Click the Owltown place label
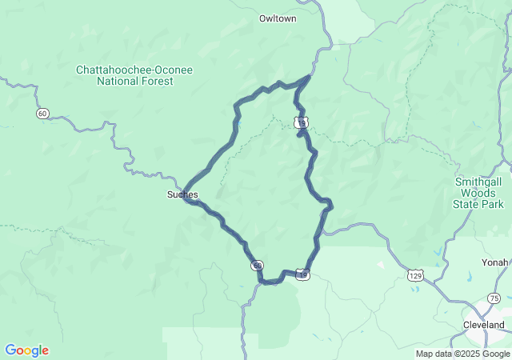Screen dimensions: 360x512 click(278, 18)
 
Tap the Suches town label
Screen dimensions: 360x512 click(182, 194)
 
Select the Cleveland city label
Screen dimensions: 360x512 click(484, 325)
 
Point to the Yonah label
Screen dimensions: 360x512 click(494, 262)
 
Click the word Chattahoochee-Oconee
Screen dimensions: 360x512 click(134, 70)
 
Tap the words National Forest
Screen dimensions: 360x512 click(134, 81)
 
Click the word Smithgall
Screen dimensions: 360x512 click(479, 182)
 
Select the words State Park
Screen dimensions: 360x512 click(479, 204)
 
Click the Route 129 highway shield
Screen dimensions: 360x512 click(414, 274)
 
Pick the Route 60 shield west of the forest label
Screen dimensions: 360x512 click(42, 114)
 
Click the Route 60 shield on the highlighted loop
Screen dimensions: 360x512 click(256, 265)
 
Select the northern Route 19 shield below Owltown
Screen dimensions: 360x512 click(299, 122)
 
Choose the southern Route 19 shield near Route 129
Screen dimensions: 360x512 click(302, 274)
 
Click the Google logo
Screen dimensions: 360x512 click(26, 350)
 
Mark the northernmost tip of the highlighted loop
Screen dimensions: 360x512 click(310, 77)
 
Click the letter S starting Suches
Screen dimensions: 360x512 click(170, 194)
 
